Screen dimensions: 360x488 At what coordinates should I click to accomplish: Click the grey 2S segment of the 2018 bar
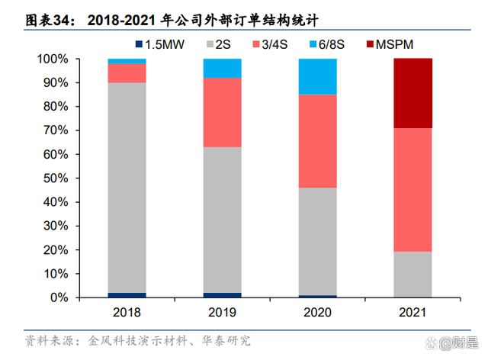pos(127,188)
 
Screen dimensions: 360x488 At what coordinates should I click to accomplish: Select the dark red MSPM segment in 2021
pos(413,93)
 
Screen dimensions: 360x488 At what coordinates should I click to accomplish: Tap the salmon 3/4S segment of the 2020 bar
pos(317,141)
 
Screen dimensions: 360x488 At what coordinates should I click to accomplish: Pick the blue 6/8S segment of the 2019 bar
pos(222,68)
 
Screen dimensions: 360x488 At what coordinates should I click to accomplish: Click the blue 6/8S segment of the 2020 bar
pos(317,76)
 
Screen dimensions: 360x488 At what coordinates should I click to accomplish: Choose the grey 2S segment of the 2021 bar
pos(413,275)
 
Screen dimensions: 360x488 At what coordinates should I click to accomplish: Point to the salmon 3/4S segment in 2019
pos(222,112)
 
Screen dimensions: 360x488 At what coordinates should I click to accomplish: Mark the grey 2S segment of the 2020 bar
pos(317,241)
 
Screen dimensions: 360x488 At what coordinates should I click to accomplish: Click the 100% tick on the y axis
pos(55,59)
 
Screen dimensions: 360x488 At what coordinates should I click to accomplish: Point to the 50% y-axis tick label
pos(58,178)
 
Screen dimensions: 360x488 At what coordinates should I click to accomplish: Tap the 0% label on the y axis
pos(62,297)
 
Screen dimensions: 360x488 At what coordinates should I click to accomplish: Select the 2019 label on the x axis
pos(222,313)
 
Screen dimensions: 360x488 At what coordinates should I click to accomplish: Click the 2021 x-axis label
pos(413,313)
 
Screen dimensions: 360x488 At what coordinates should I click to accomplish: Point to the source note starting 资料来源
pos(137,340)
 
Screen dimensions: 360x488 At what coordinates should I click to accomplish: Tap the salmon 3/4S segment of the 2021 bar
pos(413,190)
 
